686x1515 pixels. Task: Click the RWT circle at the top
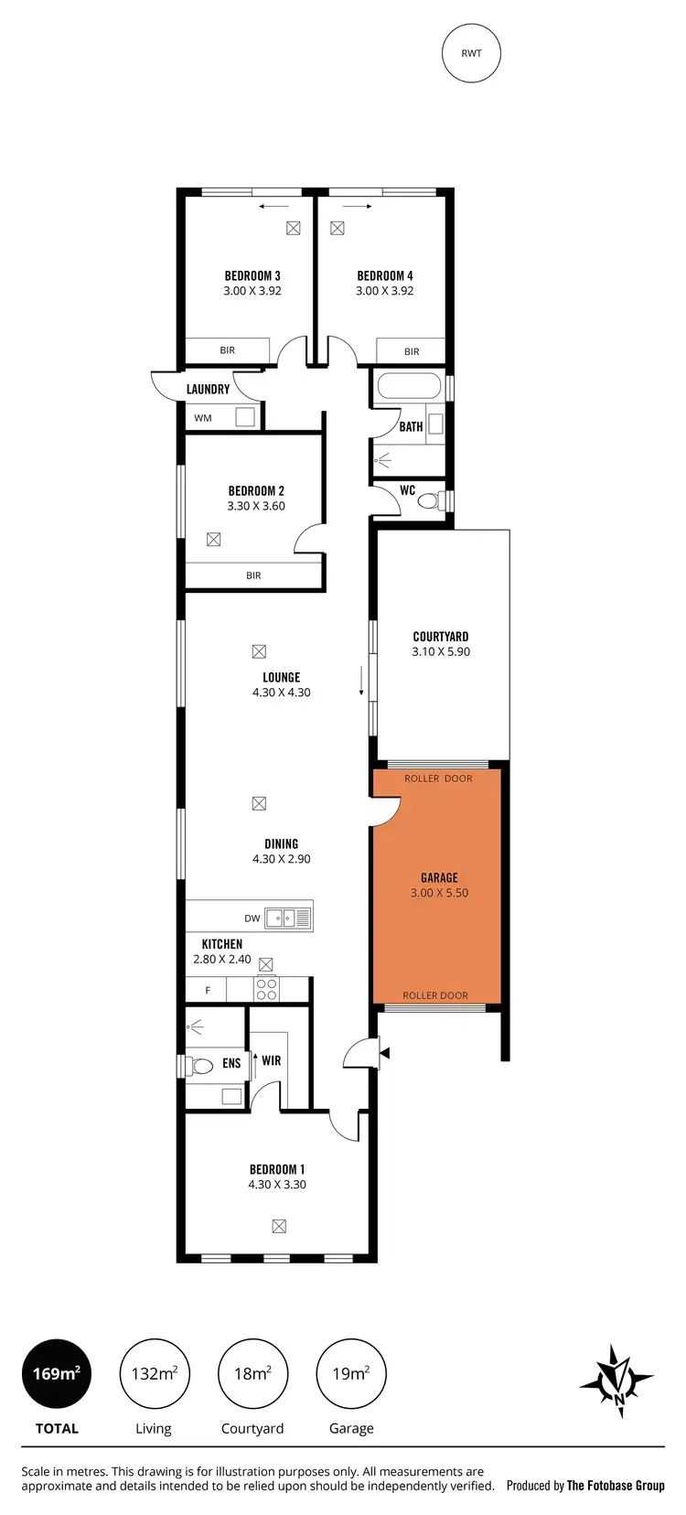pos(471,53)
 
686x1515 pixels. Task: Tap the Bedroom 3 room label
pos(252,275)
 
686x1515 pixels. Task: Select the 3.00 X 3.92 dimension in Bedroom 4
pos(384,291)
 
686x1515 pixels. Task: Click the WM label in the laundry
pos(203,418)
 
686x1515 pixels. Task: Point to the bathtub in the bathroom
pos(409,386)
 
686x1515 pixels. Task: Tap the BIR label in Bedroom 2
pos(253,575)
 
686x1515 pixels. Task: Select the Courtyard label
pos(441,637)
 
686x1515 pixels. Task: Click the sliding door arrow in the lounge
pos(362,682)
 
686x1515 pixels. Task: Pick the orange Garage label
pos(439,877)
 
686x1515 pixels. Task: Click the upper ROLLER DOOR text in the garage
pos(438,779)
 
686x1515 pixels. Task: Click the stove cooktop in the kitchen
pos(266,989)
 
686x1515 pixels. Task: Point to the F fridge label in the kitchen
pos(208,990)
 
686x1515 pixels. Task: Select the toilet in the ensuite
pos(199,1065)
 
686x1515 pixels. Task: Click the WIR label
pos(271,1060)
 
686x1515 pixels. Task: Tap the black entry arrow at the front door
pos(385,1053)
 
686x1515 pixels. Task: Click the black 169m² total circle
pos(57,1373)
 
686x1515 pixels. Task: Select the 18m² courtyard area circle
pos(252,1373)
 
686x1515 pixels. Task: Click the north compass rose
pos(617,1380)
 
